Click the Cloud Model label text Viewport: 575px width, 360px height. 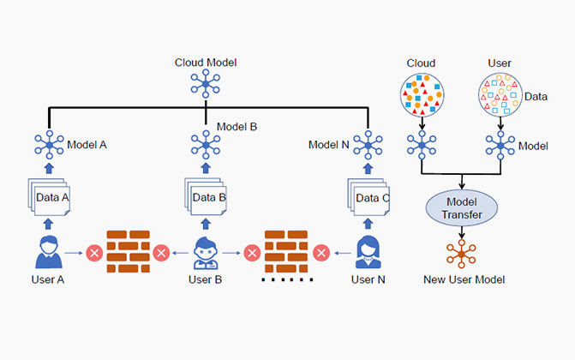click(x=205, y=63)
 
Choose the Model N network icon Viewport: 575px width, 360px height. click(x=369, y=146)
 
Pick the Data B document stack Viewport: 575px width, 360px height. click(x=207, y=198)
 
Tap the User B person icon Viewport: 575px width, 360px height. click(x=207, y=251)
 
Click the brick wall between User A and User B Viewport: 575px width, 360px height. click(x=128, y=251)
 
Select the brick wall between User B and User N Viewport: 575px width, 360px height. click(x=286, y=252)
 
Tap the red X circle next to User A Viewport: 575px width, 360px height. click(x=93, y=253)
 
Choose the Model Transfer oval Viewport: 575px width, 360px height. click(x=462, y=208)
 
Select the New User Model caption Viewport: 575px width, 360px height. click(x=464, y=280)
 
